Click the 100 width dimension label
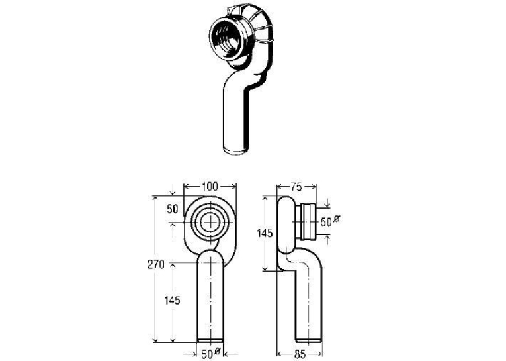(210, 187)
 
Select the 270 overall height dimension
(156, 264)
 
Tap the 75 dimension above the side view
(296, 187)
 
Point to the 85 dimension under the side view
(300, 354)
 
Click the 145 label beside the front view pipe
(173, 301)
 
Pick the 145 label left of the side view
(265, 232)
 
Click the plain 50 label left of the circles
(173, 209)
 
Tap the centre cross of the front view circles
(211, 223)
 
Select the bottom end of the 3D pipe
(237, 150)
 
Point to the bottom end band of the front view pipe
(210, 340)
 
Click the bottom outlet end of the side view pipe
(308, 340)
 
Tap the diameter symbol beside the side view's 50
(336, 219)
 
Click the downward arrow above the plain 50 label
(173, 189)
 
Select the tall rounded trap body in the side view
(286, 225)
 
